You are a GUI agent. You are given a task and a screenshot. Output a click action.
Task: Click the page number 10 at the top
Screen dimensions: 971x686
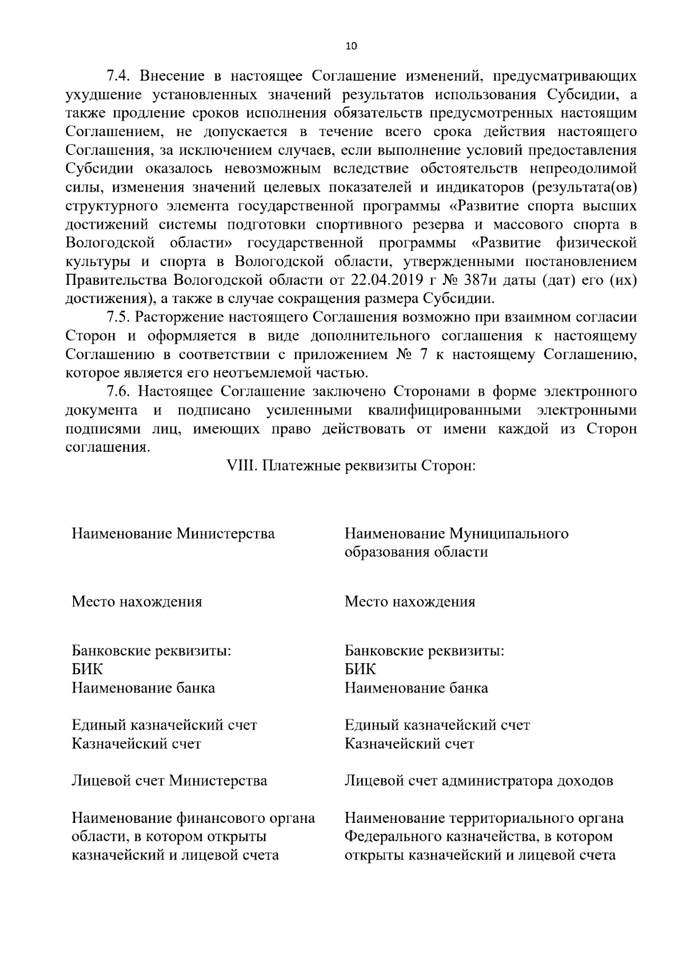[x=351, y=46]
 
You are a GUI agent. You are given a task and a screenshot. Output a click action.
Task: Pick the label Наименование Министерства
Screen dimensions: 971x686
[x=173, y=534]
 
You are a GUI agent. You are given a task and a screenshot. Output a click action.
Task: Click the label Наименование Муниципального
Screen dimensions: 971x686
[x=456, y=534]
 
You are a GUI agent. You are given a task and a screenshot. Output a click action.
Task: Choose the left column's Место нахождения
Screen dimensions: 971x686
[x=137, y=602]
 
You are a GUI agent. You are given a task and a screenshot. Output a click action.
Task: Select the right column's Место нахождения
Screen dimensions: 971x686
[x=410, y=602]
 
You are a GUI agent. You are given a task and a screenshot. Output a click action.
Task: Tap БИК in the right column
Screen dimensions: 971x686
[x=361, y=670]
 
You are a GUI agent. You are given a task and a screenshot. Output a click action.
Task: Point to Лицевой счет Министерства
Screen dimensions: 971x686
[x=169, y=781]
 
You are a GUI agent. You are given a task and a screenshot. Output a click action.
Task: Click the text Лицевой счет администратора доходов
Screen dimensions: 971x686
[x=479, y=781]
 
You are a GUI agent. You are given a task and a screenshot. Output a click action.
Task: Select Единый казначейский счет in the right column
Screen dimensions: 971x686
[x=437, y=726]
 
